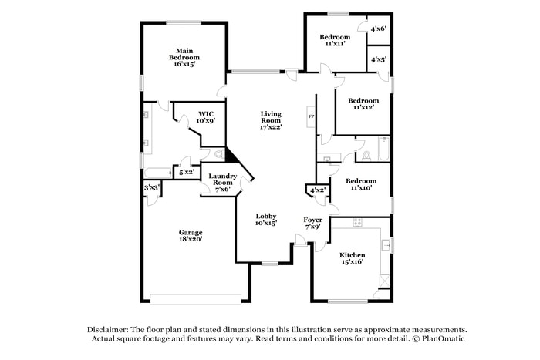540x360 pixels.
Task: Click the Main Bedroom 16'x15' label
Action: click(x=184, y=57)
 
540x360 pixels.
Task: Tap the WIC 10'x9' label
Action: click(x=205, y=117)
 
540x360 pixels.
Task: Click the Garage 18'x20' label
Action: click(x=191, y=236)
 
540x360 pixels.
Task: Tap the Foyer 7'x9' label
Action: click(x=312, y=223)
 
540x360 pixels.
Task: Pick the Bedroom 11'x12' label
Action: click(x=363, y=104)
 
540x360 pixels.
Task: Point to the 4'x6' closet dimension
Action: click(x=378, y=29)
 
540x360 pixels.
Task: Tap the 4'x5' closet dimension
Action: click(x=378, y=59)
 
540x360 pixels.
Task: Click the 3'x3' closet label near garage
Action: click(x=152, y=187)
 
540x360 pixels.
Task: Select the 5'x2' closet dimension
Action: click(x=186, y=172)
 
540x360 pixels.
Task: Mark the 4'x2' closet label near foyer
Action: click(x=317, y=190)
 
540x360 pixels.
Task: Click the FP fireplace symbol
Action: click(x=312, y=116)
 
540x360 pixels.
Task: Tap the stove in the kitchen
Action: click(x=358, y=222)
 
